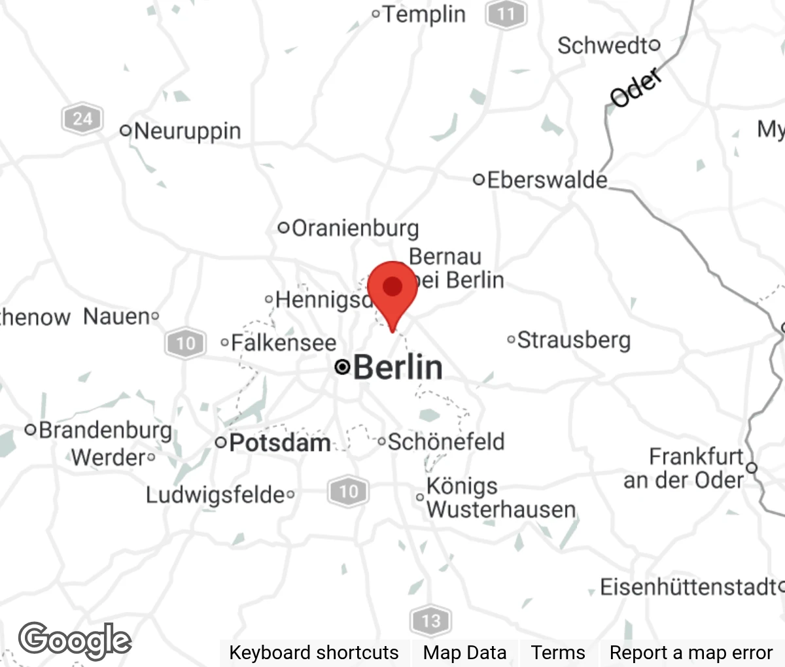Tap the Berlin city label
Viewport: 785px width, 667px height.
[x=397, y=367]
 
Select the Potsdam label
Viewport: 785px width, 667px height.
[x=279, y=443]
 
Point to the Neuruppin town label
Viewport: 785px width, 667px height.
[x=187, y=131]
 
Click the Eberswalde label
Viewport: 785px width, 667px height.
[x=547, y=179]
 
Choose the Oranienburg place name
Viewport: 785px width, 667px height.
[x=355, y=228]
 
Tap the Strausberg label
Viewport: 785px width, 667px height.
[x=574, y=340]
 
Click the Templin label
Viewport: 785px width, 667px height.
[x=423, y=14]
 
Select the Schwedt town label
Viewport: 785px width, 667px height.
[x=602, y=46]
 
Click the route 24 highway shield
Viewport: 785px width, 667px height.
[x=82, y=119]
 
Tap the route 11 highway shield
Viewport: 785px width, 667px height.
[x=506, y=14]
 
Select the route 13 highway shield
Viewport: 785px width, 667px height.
[x=430, y=620]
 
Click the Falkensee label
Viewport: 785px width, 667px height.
[x=283, y=343]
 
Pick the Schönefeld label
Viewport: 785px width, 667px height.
[x=445, y=441]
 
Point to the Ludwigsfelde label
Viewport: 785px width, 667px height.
[x=215, y=495]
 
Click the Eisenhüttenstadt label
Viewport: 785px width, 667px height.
[x=688, y=587]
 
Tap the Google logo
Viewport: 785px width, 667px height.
[x=75, y=640]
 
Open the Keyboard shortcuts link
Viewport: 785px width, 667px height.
[x=313, y=653]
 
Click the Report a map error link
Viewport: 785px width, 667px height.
[x=691, y=653]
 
